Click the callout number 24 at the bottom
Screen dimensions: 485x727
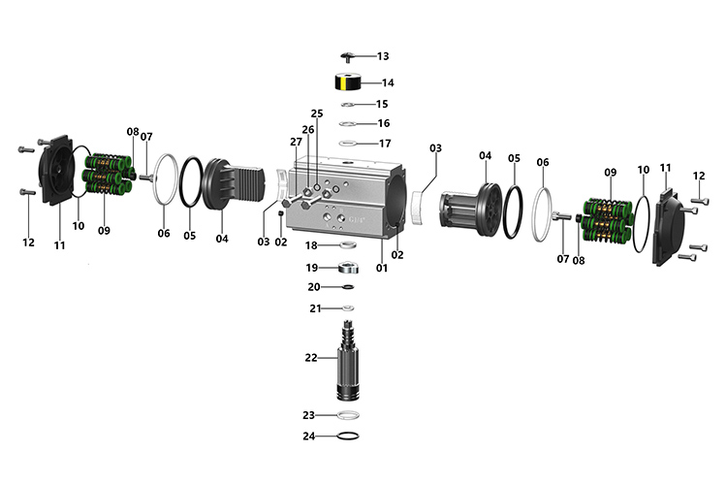[308, 436]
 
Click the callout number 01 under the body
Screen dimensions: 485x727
[382, 268]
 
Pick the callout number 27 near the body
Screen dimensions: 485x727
[297, 142]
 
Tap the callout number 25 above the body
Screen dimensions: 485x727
[316, 113]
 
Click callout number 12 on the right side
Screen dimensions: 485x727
[699, 176]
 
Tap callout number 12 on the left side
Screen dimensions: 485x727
[28, 242]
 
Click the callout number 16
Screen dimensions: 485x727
[383, 123]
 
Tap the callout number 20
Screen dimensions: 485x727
[313, 287]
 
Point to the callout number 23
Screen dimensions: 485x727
[308, 415]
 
